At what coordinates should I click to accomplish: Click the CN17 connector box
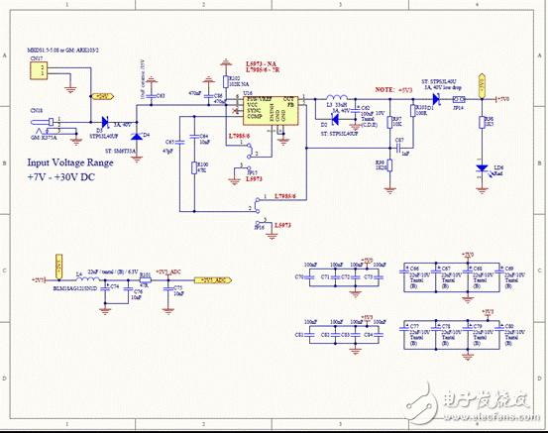click(x=40, y=73)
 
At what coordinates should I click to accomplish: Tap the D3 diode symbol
click(x=106, y=124)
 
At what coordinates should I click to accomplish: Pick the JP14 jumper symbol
click(x=458, y=100)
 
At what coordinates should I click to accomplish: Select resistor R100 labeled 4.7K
click(x=195, y=166)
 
